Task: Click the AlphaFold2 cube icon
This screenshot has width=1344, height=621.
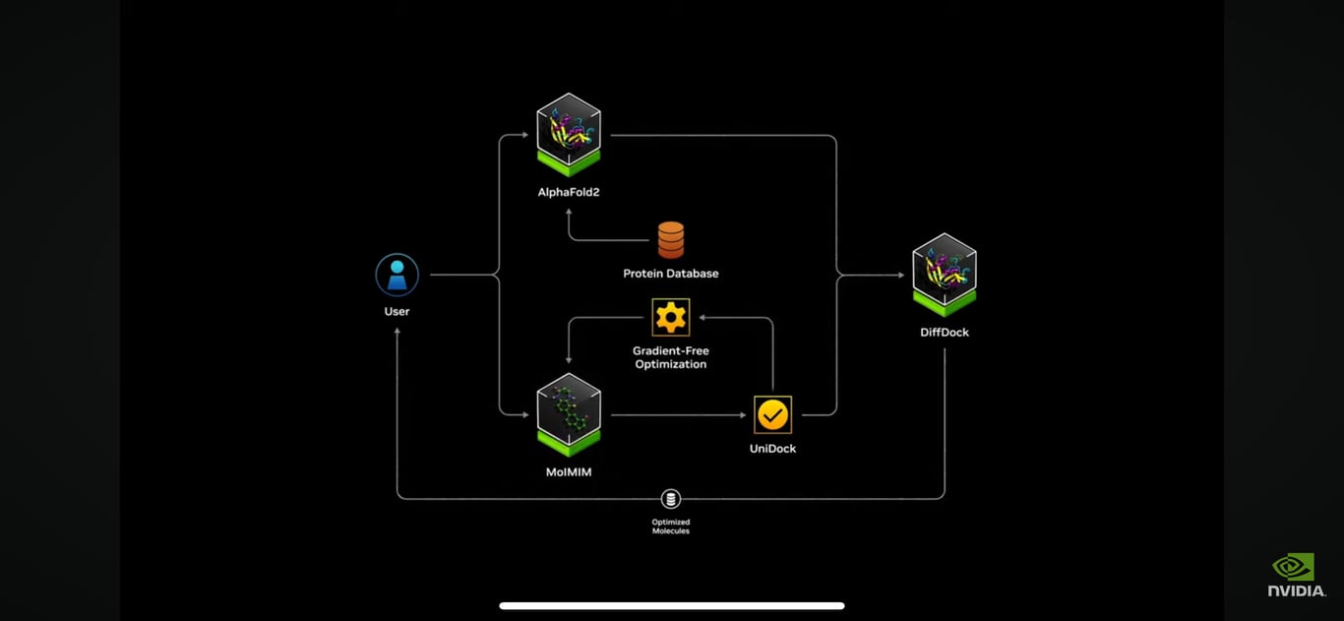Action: [569, 134]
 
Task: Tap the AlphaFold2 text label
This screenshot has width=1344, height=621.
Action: [569, 192]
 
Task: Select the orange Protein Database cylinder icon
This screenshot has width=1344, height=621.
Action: [671, 240]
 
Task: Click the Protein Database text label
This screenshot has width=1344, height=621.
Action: [671, 274]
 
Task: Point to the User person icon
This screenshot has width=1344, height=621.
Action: [397, 276]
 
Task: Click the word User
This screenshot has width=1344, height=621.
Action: [397, 311]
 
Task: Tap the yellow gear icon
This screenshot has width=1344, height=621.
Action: [671, 317]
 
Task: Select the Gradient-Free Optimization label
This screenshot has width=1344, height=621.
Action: [671, 357]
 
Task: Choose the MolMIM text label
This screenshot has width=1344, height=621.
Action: [569, 471]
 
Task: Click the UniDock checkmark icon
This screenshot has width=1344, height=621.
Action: [772, 415]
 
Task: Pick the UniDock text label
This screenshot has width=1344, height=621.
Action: [772, 449]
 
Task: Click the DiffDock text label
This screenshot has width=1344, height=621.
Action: [945, 333]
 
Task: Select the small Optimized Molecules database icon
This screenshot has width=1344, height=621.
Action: [671, 499]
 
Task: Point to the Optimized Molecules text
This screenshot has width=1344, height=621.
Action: [671, 527]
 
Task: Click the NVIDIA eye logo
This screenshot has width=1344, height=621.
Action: [1293, 567]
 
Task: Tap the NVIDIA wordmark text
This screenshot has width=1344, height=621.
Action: [1296, 590]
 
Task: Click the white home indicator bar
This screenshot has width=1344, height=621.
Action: [671, 606]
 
